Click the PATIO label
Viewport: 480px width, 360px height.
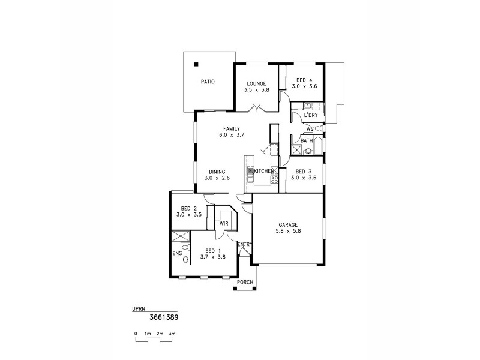tap(208, 81)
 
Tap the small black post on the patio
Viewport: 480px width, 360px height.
tap(196, 65)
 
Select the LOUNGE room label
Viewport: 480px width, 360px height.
tap(256, 83)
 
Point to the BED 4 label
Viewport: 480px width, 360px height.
tap(304, 80)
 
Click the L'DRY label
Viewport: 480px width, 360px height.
tap(311, 115)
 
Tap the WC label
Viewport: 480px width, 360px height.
tap(310, 128)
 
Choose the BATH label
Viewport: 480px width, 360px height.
tap(307, 141)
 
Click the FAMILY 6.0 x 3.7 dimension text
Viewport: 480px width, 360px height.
tap(232, 136)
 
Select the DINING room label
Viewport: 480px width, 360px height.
tap(217, 171)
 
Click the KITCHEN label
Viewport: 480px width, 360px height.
tap(264, 171)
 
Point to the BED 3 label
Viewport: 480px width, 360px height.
tap(304, 171)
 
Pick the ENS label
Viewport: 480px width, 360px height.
tap(176, 253)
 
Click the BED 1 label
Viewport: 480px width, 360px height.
tap(212, 251)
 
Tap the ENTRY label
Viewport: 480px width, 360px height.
tap(244, 244)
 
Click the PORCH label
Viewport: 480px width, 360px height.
tap(245, 282)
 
